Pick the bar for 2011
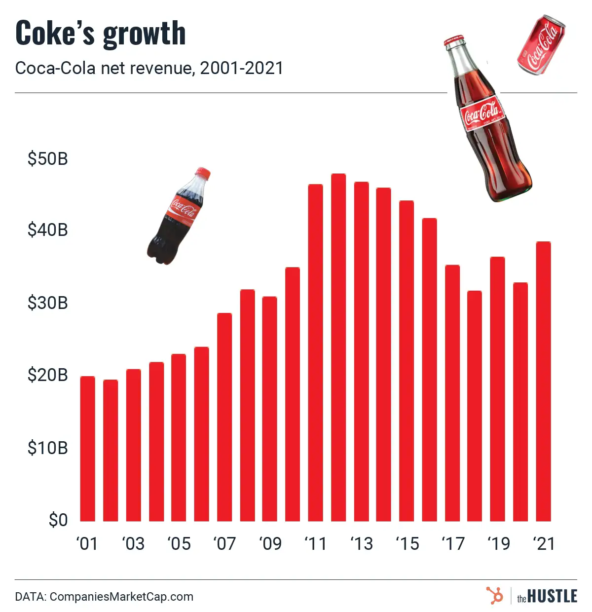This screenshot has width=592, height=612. (315, 352)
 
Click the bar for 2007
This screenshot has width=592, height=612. (224, 417)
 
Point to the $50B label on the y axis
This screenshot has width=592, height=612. (47, 159)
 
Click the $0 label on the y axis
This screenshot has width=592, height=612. (58, 520)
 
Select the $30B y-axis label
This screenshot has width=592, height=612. (47, 303)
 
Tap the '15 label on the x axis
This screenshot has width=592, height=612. (407, 544)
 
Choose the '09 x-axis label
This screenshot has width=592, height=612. (270, 544)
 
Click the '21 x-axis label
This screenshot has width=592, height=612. (544, 544)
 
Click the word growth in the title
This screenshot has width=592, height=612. (144, 34)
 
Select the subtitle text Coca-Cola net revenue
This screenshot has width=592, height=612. (104, 68)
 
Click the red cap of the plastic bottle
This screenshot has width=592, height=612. (202, 173)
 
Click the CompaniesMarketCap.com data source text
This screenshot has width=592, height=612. (121, 597)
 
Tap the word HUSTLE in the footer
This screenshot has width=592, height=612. (552, 596)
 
